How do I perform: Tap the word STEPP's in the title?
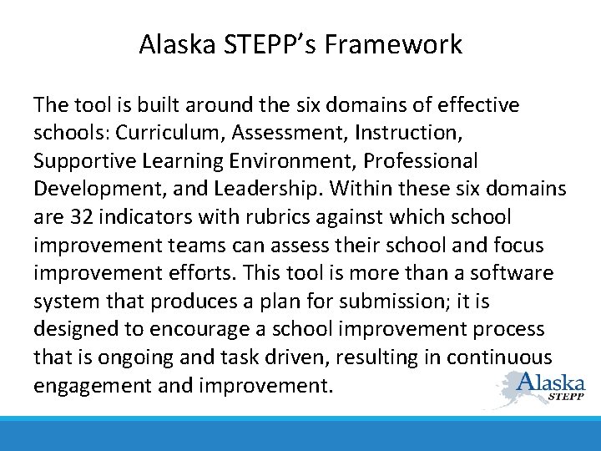click(x=258, y=44)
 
